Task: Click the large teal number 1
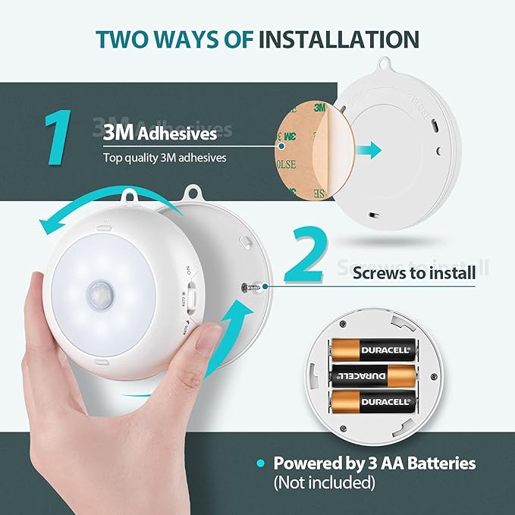58,137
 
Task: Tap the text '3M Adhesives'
159,133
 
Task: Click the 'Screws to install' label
414,272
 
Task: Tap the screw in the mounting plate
250,286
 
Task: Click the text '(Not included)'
325,482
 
